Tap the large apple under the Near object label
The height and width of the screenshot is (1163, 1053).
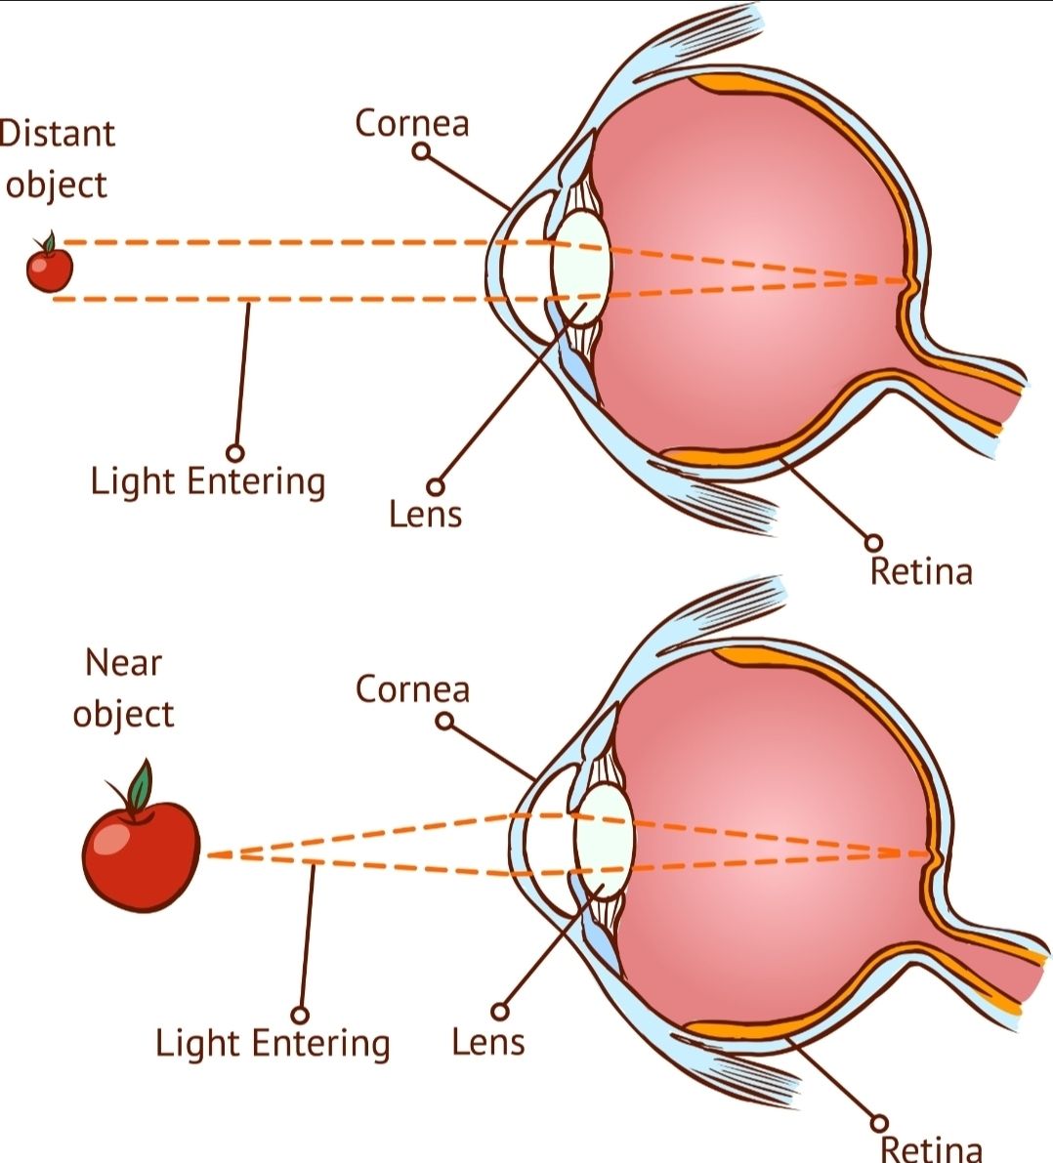click(141, 853)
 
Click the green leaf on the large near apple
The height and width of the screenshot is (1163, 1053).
click(140, 785)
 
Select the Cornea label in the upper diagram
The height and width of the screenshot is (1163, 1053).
click(412, 123)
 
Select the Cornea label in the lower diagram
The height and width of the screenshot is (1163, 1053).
click(412, 689)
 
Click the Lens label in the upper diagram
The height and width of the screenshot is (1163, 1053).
click(425, 514)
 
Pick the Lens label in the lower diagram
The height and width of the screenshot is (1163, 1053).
click(488, 1041)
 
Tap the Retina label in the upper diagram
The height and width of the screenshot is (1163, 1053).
click(921, 572)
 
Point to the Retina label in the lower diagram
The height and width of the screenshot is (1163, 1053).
click(931, 1148)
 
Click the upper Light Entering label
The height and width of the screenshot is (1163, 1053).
click(208, 482)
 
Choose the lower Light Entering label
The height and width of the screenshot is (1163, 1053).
click(273, 1044)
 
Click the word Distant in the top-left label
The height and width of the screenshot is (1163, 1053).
click(57, 134)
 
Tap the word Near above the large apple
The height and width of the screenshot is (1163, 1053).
click(123, 662)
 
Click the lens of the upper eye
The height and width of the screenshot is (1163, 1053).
click(580, 268)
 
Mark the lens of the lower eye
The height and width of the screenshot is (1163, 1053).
click(604, 843)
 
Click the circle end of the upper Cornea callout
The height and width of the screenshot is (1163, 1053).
click(422, 151)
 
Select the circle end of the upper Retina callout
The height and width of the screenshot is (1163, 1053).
click(875, 543)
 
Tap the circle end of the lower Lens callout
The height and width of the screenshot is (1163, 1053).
click(500, 1011)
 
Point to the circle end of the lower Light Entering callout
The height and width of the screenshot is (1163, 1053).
click(300, 1015)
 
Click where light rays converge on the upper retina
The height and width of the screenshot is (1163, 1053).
click(906, 281)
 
